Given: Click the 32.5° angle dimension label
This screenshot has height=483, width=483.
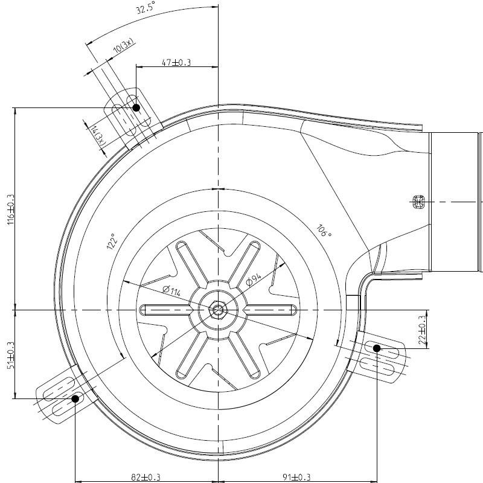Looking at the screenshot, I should tap(146, 10).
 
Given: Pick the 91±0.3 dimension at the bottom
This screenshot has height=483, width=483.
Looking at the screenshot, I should tap(295, 478).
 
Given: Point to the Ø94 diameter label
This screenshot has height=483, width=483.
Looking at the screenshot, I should tap(253, 279).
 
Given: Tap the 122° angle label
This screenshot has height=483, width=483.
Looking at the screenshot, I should tap(111, 241).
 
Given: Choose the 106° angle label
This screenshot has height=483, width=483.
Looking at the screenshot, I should tap(324, 231).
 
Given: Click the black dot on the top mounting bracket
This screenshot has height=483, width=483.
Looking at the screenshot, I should tap(136, 107).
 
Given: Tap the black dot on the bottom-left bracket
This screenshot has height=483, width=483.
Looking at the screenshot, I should tap(76, 398).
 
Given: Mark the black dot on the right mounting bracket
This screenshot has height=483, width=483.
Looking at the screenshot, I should tap(377, 348).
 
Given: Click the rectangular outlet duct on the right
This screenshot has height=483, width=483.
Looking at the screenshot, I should tap(456, 202).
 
